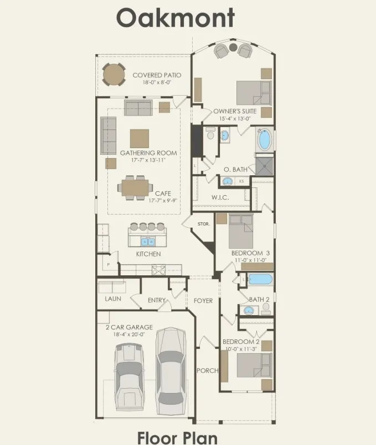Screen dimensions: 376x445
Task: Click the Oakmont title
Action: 176,18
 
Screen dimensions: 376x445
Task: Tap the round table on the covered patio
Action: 114,75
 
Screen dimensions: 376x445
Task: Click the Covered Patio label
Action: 157,75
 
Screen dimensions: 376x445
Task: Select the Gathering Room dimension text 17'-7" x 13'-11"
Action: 148,160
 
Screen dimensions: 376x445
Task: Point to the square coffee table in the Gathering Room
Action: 140,139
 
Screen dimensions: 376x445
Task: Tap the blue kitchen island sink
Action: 147,242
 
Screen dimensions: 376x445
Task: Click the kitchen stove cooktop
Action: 158,270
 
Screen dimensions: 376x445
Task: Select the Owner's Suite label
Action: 235,111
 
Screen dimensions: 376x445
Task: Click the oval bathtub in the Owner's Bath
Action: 264,140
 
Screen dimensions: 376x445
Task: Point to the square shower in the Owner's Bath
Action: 264,166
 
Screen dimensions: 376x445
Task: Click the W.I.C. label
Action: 220,197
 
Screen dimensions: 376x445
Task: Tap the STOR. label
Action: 203,224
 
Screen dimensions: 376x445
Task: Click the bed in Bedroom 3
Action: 241,231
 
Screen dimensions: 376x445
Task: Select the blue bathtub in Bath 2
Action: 260,279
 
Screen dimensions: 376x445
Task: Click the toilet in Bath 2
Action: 266,308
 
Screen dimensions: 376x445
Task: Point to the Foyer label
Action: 203,301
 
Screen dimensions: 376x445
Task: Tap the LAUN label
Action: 113,299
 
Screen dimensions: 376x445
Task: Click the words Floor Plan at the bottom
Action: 178,438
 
